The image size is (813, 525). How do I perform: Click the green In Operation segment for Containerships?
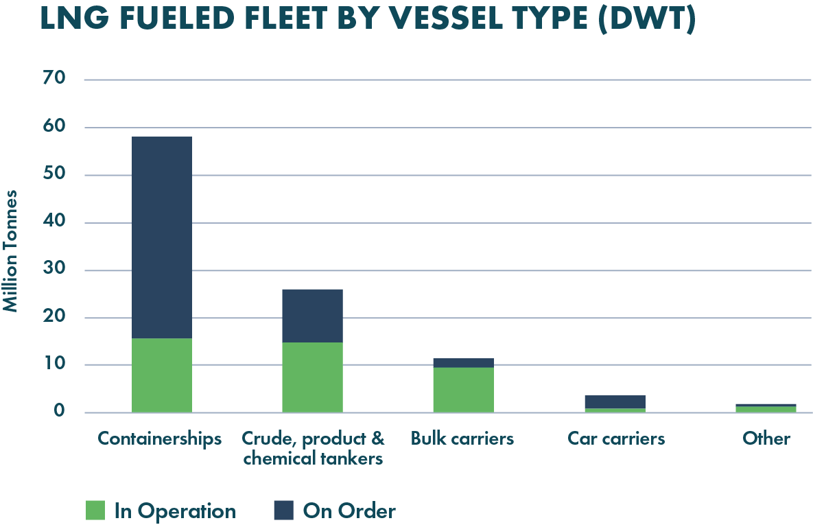(161, 375)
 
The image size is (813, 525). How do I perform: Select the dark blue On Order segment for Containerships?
(161, 237)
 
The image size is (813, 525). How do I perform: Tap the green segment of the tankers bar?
(312, 377)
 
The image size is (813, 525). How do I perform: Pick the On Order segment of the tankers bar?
(312, 315)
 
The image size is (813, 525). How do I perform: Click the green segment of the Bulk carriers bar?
(463, 390)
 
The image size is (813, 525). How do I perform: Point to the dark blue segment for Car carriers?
(615, 401)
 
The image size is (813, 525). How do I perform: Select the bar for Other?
(766, 408)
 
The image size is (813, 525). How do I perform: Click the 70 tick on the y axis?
(56, 79)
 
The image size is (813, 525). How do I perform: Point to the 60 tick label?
(56, 127)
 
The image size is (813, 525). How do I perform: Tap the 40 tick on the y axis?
(56, 222)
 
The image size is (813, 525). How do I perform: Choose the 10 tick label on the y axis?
(56, 364)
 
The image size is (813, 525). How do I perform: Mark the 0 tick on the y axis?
(60, 412)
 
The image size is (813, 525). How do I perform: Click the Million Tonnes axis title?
(12, 250)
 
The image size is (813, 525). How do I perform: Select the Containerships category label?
(160, 439)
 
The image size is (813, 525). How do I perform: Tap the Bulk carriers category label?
(462, 439)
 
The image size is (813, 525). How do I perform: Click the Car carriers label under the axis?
(615, 439)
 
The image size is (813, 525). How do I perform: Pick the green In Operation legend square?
(95, 510)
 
